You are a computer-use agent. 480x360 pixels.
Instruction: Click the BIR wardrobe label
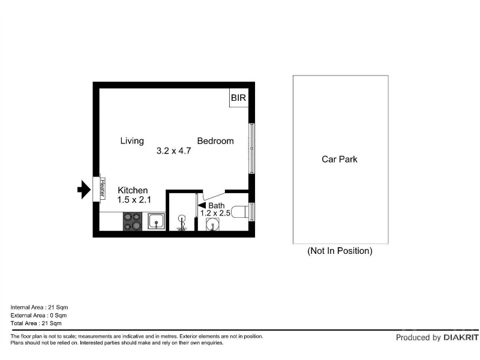point(238,98)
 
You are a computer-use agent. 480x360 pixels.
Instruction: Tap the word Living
point(132,141)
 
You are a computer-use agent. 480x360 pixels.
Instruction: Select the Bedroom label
point(215,141)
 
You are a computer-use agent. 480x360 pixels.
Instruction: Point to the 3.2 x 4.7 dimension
point(173,151)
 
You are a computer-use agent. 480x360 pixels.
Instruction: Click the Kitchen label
point(133,190)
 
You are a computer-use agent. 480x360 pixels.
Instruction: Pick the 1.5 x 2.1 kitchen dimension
point(134,200)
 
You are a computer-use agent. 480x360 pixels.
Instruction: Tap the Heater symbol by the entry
point(102,188)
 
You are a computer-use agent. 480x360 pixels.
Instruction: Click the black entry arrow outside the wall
point(84,190)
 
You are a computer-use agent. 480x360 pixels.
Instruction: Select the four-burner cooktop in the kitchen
point(133,221)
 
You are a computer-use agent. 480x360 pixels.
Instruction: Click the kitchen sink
point(157,221)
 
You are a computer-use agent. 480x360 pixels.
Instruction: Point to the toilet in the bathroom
point(239,212)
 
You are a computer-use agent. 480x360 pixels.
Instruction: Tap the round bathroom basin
point(212,224)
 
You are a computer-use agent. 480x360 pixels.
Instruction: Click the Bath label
point(217,205)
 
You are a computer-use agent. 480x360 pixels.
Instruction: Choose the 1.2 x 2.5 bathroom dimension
point(215,213)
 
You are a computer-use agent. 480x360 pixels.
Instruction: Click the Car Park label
point(340,159)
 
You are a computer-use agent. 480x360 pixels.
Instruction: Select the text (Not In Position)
point(340,251)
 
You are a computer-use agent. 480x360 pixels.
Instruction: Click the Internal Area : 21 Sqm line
point(39,307)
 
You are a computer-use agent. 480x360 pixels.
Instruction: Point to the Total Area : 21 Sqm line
point(36,323)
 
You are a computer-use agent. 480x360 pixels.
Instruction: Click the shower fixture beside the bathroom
point(182,223)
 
